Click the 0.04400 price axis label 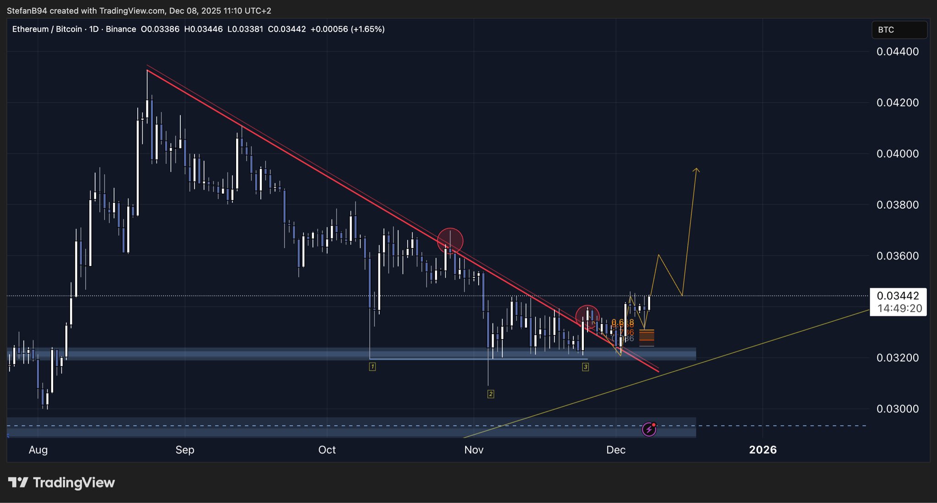click(x=897, y=52)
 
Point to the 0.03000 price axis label click(x=897, y=409)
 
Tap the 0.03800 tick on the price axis click(x=897, y=205)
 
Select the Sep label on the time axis click(x=185, y=450)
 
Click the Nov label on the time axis click(x=474, y=450)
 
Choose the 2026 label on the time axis click(x=763, y=450)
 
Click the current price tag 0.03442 click(x=898, y=296)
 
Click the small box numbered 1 click(x=372, y=367)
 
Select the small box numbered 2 click(x=490, y=394)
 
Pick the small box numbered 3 click(x=585, y=367)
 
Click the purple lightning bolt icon click(x=649, y=429)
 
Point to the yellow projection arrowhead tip click(x=696, y=169)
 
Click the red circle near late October click(x=450, y=241)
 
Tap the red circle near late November click(x=587, y=317)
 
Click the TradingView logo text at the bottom click(x=62, y=482)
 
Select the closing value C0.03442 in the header click(x=286, y=29)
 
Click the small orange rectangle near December click(x=646, y=337)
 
